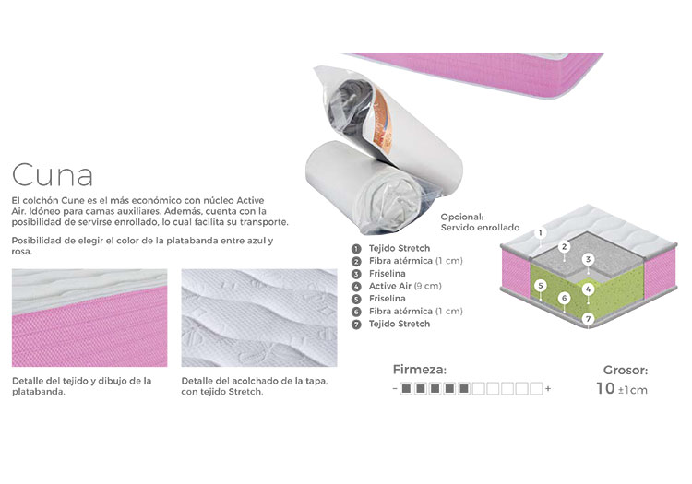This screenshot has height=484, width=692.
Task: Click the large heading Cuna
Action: [x=53, y=175]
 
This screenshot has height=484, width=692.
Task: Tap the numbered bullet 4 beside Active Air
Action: [x=356, y=287]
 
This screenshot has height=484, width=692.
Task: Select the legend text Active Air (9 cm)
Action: [x=405, y=286]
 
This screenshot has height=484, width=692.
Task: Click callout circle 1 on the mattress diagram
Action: [x=540, y=232]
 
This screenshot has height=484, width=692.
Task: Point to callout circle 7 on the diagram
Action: [x=588, y=319]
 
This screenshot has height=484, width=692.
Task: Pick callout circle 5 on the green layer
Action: [x=540, y=286]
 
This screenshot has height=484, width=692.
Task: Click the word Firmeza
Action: [x=419, y=370]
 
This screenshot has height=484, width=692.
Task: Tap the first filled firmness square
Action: [x=406, y=389]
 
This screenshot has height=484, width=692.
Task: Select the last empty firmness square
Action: [x=536, y=389]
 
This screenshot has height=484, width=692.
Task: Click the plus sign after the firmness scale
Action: [x=548, y=389]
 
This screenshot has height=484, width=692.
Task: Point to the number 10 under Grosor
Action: [x=605, y=388]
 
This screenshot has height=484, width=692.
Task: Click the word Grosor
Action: [x=626, y=371]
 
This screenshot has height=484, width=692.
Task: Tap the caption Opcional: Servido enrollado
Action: [x=480, y=222]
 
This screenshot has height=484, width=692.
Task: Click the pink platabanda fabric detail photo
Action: [x=89, y=318]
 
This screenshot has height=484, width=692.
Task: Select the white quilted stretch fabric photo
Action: [x=259, y=318]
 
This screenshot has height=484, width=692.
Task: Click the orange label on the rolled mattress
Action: [x=380, y=117]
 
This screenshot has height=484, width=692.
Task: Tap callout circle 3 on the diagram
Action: [x=588, y=259]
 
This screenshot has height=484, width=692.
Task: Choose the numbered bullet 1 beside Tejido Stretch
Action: [x=356, y=249]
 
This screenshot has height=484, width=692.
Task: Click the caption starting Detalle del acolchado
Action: [x=255, y=386]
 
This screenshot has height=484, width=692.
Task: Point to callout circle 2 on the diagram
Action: [x=564, y=247]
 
